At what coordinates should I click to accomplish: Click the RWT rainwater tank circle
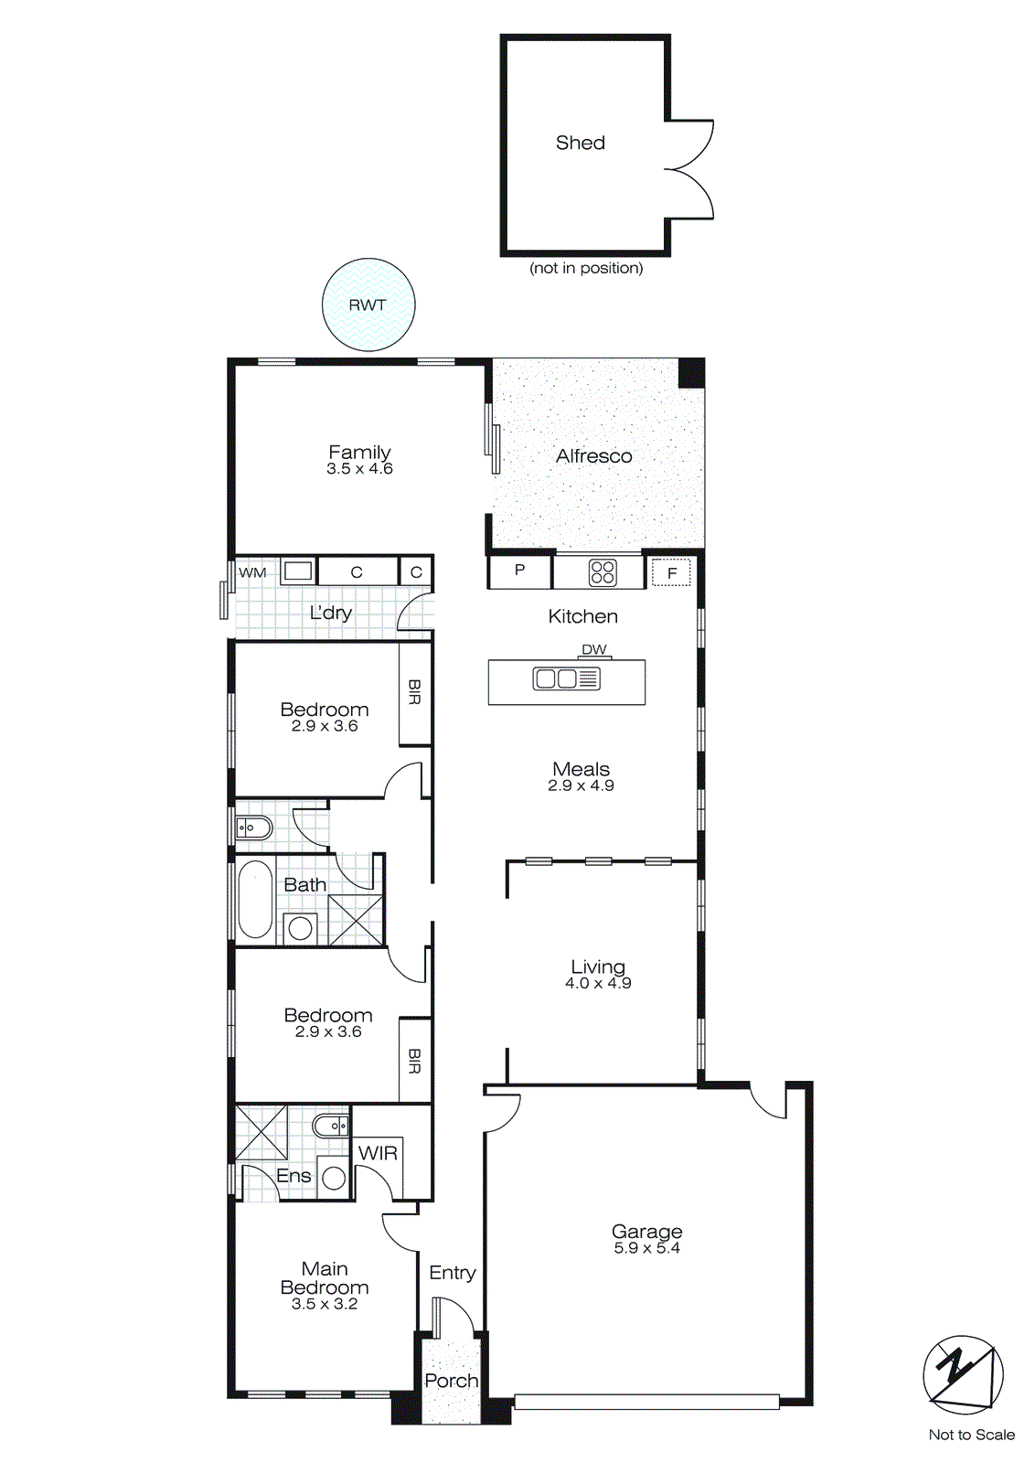point(368,304)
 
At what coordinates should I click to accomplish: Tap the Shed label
point(581,143)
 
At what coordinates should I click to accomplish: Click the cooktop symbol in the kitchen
point(603,572)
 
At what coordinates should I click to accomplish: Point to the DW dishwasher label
point(594,649)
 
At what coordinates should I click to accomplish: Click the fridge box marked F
point(671,573)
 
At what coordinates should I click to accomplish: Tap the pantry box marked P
point(519,571)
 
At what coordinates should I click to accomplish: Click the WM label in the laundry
point(252,572)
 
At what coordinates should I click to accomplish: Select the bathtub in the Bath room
point(255,900)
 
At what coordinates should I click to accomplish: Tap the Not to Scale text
point(971,1435)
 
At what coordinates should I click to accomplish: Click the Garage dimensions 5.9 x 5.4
point(646,1248)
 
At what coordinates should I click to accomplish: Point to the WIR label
point(378,1153)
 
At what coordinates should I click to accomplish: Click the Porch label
point(451,1381)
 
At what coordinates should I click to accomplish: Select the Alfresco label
point(593,455)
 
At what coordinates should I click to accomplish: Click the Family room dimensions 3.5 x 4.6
point(359,469)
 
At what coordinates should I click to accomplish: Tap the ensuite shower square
point(261,1133)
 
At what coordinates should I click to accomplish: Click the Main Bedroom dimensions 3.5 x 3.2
point(325,1305)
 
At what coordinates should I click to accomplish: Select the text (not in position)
point(586,268)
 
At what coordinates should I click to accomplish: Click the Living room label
point(598,966)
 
